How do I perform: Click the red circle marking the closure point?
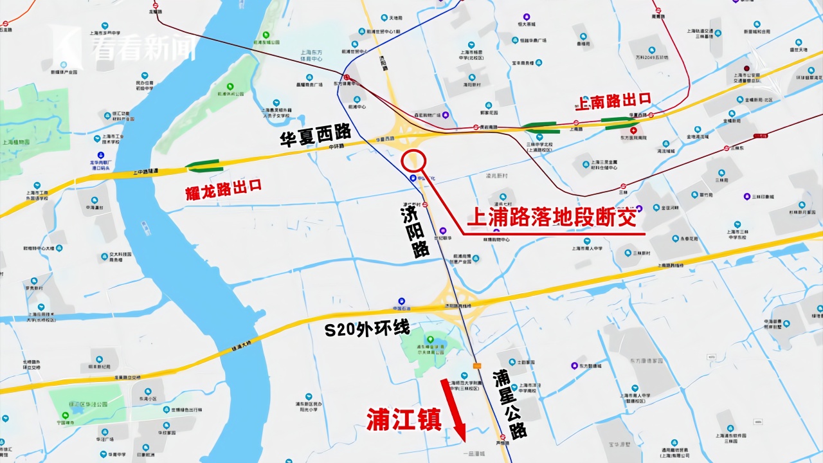(414, 160)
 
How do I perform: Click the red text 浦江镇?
(404, 419)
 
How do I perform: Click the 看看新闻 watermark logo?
(129, 46)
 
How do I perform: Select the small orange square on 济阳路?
(476, 366)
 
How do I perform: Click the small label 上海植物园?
(17, 143)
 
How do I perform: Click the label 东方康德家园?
(646, 361)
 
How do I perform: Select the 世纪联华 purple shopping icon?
(442, 230)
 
